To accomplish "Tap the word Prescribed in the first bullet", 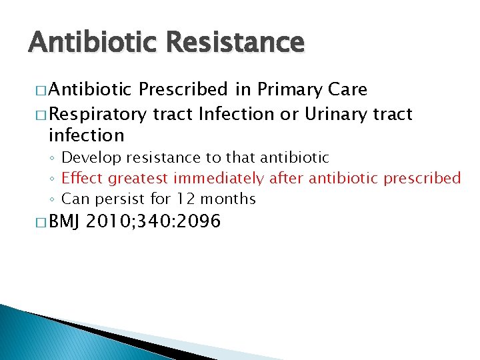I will coord(185,90).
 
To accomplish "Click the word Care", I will coord(348,90).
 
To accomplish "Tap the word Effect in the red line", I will coord(82,179).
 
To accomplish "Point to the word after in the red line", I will coord(285,179).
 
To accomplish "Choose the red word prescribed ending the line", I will coord(423,179).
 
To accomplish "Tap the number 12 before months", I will coord(184,199).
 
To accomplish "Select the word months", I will coord(227,199).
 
